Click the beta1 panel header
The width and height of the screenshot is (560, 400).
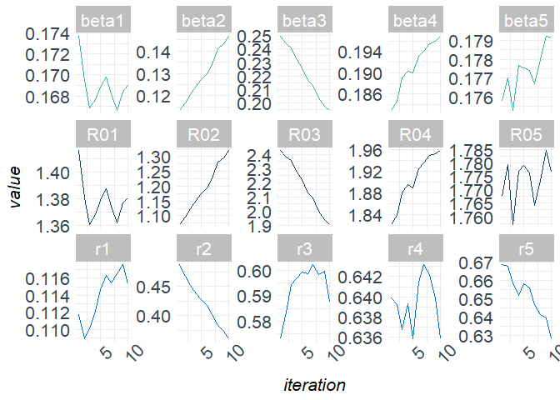click(x=105, y=21)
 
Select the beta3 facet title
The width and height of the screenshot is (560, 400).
click(x=307, y=21)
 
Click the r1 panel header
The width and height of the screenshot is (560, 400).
click(x=105, y=247)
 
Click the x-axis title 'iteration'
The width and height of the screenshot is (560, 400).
click(x=314, y=385)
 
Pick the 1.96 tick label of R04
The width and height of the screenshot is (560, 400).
click(x=367, y=151)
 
